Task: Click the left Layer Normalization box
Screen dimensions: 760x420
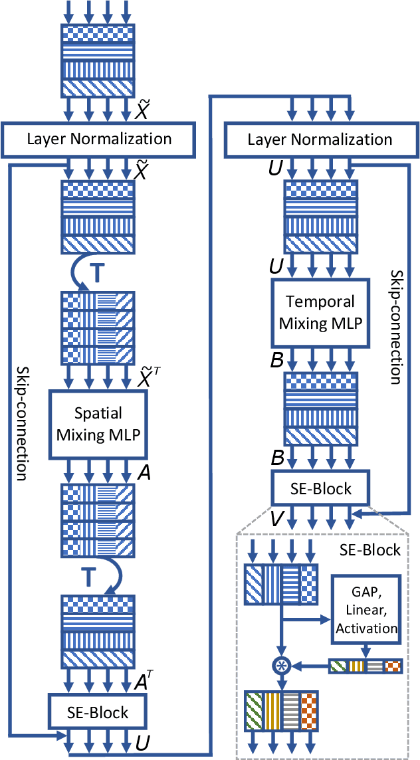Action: coord(99,140)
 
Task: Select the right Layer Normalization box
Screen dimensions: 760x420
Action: coord(320,140)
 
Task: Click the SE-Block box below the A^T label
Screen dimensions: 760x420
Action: coord(98,712)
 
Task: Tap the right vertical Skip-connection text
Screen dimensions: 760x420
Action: coord(395,327)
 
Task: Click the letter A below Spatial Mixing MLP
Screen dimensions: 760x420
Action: coord(142,472)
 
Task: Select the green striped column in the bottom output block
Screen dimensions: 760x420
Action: coord(255,712)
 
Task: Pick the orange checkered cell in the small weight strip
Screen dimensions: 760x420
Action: coord(393,665)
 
